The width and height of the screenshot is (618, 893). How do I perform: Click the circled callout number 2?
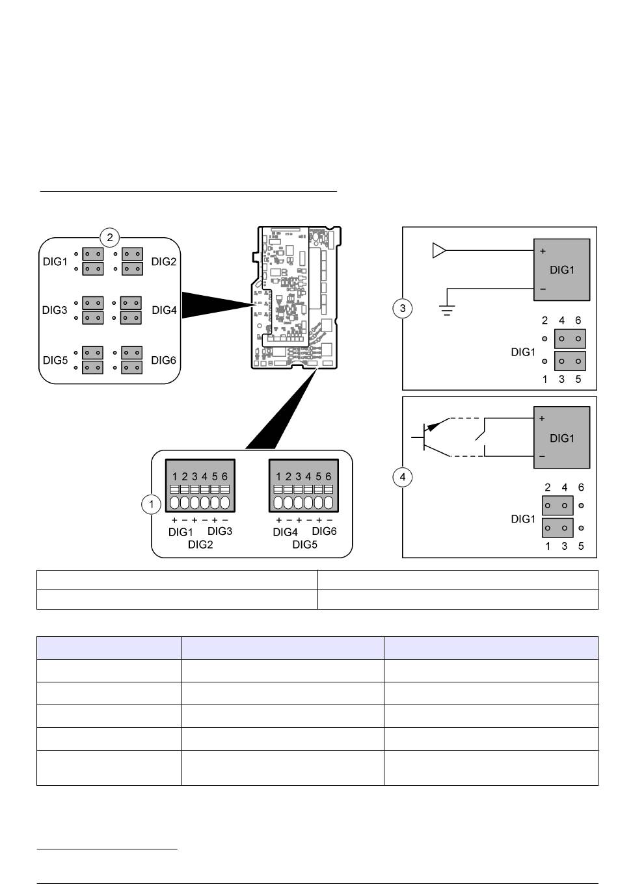click(x=110, y=238)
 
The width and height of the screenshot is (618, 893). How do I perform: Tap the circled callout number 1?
click(x=151, y=504)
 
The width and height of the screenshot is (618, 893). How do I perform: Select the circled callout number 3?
click(x=403, y=308)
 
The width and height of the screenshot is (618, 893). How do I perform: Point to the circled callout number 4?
click(x=403, y=477)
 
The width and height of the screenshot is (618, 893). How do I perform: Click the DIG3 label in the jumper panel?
click(x=55, y=310)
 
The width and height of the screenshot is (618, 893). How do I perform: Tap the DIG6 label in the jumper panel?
click(x=163, y=361)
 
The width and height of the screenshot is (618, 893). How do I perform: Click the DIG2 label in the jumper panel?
click(x=163, y=261)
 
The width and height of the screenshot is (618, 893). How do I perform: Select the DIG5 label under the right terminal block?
click(x=305, y=545)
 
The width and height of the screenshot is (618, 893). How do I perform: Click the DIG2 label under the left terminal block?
click(x=200, y=545)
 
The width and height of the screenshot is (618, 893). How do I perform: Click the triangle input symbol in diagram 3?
click(x=439, y=251)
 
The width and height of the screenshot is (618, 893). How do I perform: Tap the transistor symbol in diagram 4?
click(x=431, y=437)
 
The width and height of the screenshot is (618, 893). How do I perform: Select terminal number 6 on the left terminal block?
click(x=224, y=477)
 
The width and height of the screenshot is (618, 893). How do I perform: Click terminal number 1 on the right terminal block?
click(x=278, y=477)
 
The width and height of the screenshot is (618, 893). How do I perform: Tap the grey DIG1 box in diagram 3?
click(x=562, y=270)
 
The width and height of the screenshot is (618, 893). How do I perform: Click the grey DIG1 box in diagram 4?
click(x=562, y=437)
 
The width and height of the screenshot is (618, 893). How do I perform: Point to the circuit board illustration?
click(x=295, y=298)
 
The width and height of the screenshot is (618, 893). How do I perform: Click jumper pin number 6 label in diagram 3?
click(x=578, y=320)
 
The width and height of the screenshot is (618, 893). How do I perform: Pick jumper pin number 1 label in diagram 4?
click(x=548, y=546)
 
